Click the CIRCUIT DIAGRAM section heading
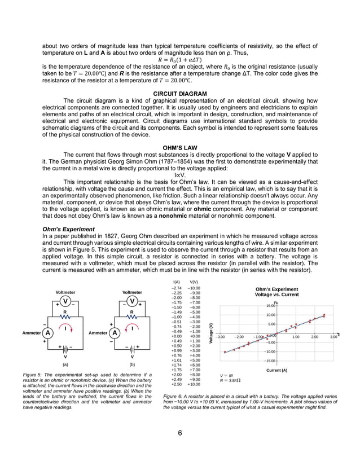[180, 93]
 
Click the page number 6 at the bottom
[180, 433]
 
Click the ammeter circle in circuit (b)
[115, 333]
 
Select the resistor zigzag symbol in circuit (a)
[65, 317]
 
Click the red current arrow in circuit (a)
[67, 328]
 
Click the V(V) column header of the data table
[194, 282]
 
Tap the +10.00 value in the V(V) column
[194, 384]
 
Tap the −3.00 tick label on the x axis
[221, 337]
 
